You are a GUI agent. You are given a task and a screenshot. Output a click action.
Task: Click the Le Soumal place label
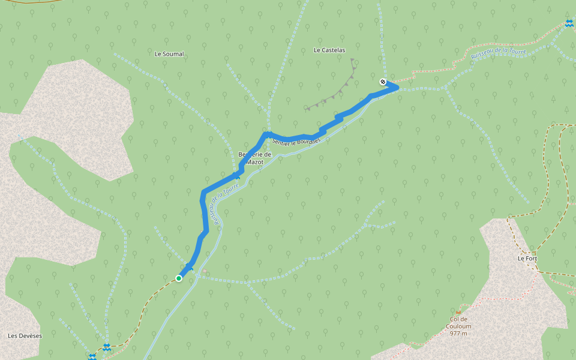[169, 54]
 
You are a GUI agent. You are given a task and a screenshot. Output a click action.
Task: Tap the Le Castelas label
[329, 50]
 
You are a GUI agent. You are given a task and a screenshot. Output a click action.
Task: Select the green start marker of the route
[179, 278]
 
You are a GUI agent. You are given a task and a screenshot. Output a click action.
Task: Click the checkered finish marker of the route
[383, 82]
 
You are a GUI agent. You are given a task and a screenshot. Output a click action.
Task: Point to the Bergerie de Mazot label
[255, 158]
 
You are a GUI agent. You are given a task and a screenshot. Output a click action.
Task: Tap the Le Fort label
[527, 259]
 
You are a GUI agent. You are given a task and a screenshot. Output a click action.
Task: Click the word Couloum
[458, 326]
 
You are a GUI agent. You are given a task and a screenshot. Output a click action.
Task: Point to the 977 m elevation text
[458, 334]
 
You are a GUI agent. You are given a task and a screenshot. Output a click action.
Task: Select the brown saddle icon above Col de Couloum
[458, 312]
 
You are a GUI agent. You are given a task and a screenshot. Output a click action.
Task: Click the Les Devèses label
[25, 335]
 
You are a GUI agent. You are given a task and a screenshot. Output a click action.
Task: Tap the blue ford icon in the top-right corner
[568, 23]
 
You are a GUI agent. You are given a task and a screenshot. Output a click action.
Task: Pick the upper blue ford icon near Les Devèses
[106, 346]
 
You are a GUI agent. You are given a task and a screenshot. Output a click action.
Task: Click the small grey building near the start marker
[205, 272]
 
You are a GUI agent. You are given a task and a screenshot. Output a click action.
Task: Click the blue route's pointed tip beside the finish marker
[397, 88]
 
